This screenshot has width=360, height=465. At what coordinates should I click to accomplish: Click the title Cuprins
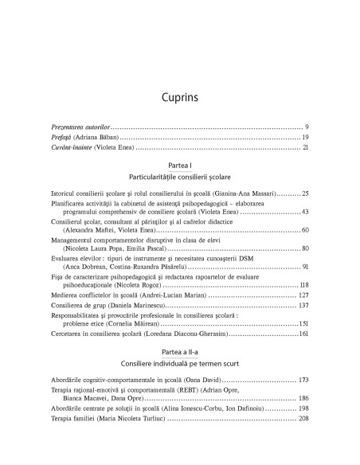coord(179,99)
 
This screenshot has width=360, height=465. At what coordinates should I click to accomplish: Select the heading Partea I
coord(179,163)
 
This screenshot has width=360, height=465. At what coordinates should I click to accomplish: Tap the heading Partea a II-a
coord(179,361)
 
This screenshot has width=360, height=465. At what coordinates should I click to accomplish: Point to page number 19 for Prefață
coord(304,137)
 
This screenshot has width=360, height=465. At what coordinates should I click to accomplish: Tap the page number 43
coord(305,213)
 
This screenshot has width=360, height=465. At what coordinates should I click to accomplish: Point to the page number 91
coord(305,269)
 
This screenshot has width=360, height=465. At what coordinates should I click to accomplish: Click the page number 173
coord(303,392)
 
